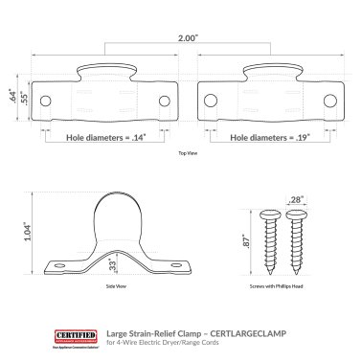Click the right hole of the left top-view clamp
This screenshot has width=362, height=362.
click(x=162, y=102)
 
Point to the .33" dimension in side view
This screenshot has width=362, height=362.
click(x=113, y=264)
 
